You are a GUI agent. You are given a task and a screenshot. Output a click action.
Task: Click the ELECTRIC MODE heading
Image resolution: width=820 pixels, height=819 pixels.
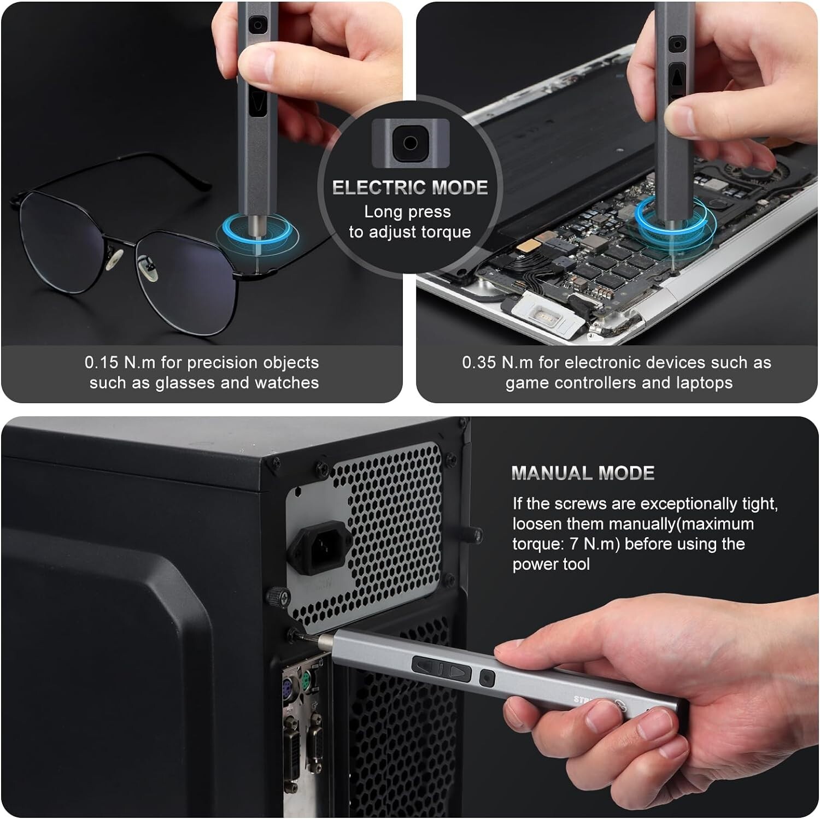[409, 187]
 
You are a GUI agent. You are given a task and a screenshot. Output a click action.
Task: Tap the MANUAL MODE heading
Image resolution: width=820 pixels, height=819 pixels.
[583, 473]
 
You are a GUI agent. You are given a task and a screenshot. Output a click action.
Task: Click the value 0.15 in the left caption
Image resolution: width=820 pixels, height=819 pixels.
[101, 362]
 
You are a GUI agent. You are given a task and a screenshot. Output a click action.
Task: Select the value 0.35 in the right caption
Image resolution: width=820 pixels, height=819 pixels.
[478, 362]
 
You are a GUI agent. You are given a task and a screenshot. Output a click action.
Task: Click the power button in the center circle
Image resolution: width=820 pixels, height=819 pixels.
[410, 143]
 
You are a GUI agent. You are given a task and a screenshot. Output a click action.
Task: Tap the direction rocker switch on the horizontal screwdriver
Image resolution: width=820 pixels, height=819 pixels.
[442, 669]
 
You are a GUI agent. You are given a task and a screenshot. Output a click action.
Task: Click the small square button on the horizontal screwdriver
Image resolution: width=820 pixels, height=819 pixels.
[486, 678]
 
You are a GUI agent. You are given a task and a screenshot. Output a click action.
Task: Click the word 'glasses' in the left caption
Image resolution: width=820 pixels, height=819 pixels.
[185, 382]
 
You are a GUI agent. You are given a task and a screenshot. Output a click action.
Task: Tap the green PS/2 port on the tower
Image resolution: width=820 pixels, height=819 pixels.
[306, 679]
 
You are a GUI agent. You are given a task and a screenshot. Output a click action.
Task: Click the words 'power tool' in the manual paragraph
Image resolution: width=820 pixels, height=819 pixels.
[551, 564]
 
